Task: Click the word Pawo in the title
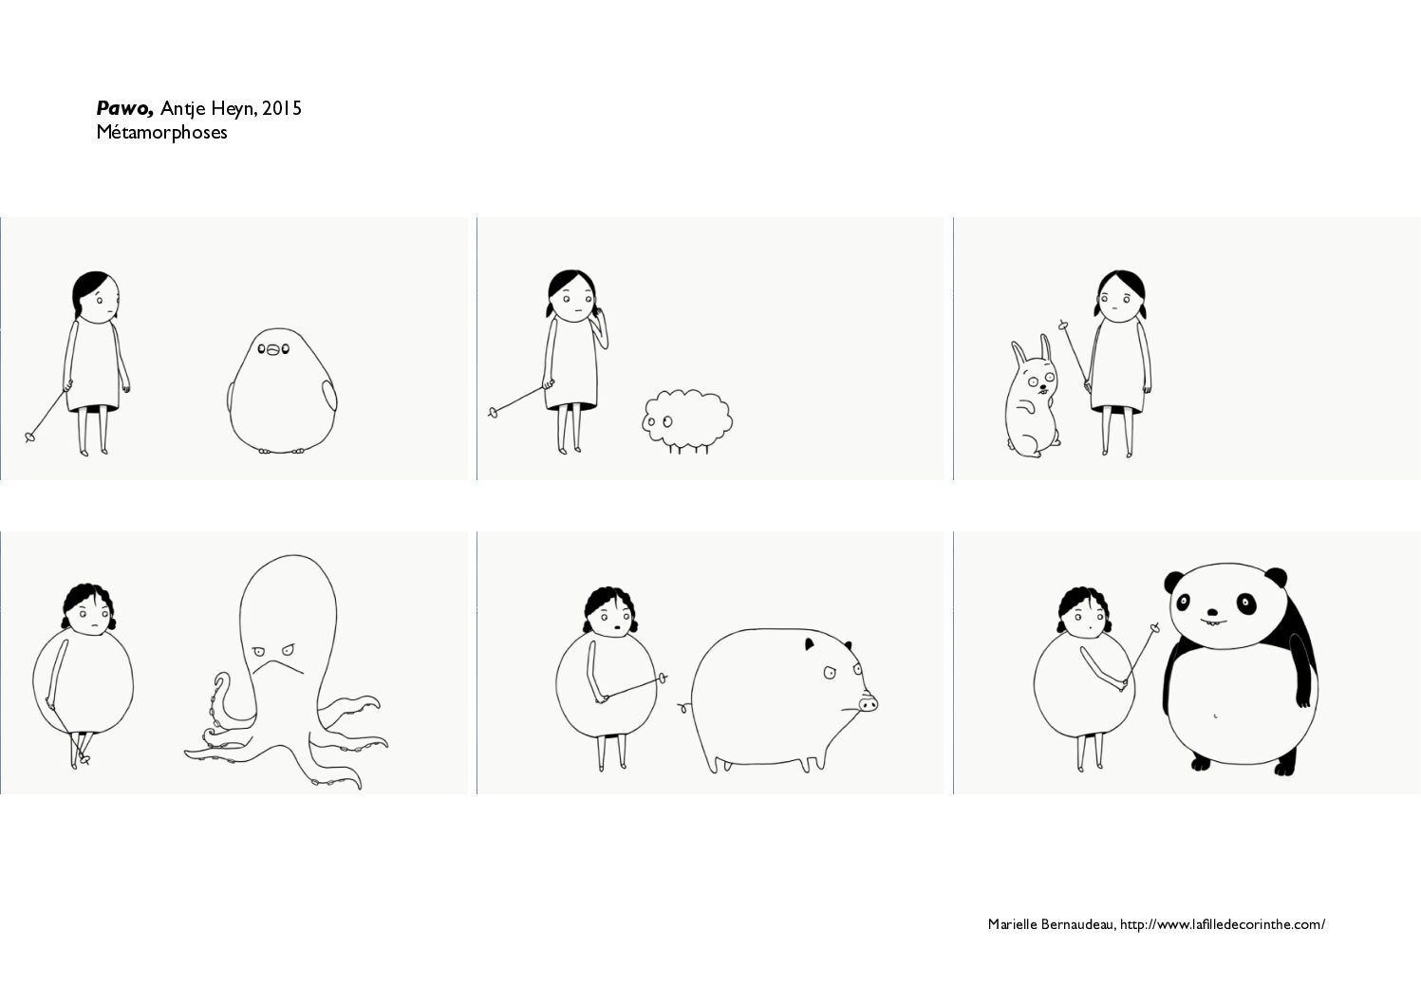(124, 108)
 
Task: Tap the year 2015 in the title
(282, 108)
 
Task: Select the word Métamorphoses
(161, 133)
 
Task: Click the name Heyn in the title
(234, 109)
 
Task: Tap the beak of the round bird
(272, 349)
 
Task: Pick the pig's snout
(869, 703)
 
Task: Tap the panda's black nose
(1212, 613)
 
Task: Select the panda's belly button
(1215, 716)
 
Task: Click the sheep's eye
(667, 421)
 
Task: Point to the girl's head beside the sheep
(572, 295)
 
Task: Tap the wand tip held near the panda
(1154, 628)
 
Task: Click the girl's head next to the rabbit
(1120, 296)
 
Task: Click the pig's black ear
(809, 644)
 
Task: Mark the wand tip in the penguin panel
(29, 437)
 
